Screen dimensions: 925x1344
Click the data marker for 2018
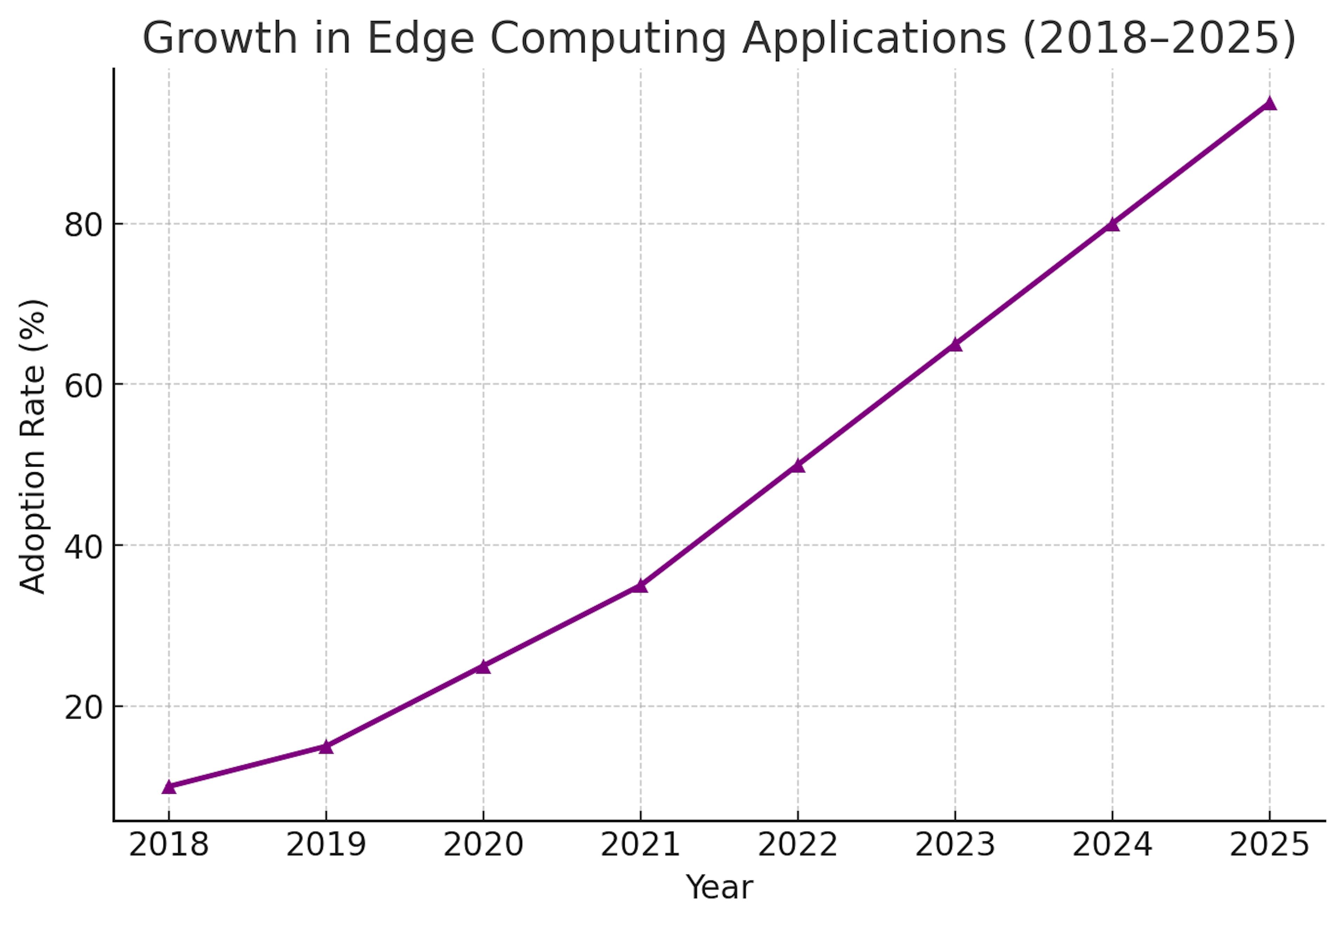click(169, 786)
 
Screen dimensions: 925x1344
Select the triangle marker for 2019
click(326, 747)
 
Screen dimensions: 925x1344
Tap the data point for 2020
click(483, 666)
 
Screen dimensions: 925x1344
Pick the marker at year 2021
click(640, 586)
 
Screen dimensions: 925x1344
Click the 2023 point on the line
click(955, 345)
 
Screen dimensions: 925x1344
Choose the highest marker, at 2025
click(1269, 104)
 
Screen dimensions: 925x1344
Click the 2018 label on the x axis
click(169, 845)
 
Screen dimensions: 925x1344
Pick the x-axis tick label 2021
click(640, 845)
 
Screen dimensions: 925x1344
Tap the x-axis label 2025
click(1269, 845)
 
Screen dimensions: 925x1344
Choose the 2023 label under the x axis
click(955, 845)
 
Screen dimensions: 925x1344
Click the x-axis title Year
click(719, 887)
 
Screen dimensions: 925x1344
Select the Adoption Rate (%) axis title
click(33, 446)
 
